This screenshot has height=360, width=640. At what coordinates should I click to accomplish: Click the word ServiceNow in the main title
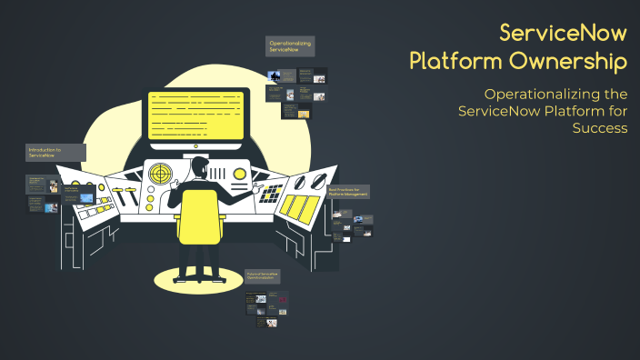pos(563,35)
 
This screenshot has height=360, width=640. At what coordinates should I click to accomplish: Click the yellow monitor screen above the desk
pos(196,115)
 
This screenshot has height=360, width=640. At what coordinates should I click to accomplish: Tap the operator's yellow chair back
pos(198,216)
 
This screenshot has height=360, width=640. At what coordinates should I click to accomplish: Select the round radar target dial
pos(160,172)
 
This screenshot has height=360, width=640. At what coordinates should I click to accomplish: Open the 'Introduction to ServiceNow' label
pos(55,152)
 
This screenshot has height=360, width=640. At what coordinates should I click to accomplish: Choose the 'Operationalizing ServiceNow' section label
pos(290,45)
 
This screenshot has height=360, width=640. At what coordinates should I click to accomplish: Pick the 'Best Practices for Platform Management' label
pos(348,192)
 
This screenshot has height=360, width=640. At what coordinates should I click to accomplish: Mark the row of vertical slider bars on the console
pos(219,173)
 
